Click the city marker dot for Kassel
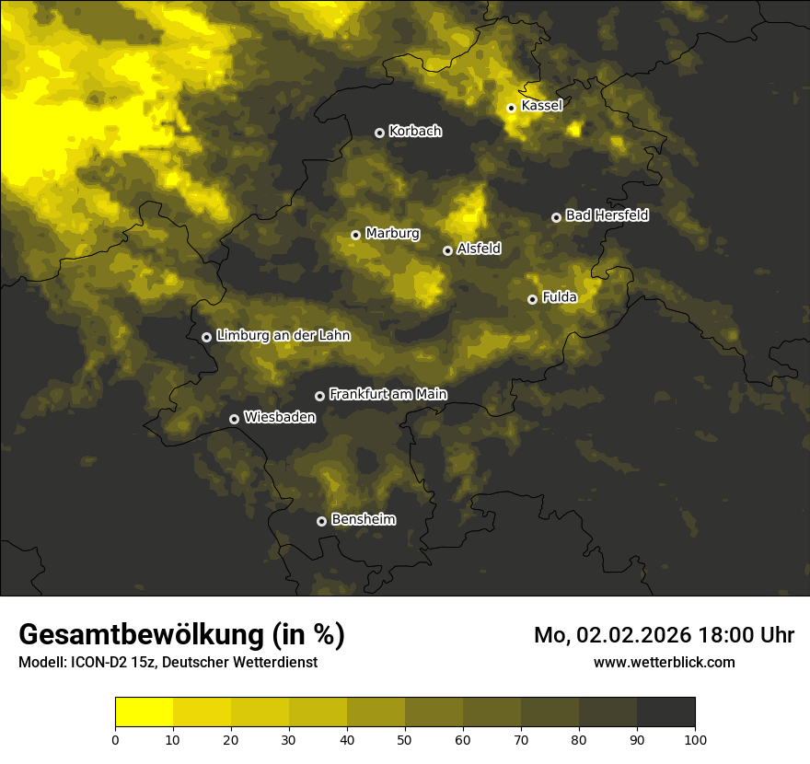coord(511,108)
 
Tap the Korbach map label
coord(415,131)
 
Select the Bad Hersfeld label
coord(607,215)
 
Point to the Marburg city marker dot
coord(355,235)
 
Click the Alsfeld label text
coord(479,249)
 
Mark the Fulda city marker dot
coord(532,299)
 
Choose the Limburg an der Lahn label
coord(283,336)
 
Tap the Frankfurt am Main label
coord(388,394)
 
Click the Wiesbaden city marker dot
coord(234,419)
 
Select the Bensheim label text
coord(363,519)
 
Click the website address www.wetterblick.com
coord(664,662)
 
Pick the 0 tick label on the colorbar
coord(115,739)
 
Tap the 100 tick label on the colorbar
coord(695,739)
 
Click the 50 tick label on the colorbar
coord(405,739)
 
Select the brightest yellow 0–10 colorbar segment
coord(144,712)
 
